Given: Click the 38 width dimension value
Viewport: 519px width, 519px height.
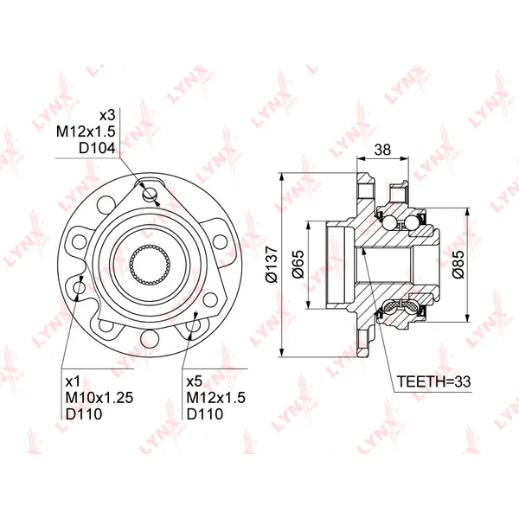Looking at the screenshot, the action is [382, 150].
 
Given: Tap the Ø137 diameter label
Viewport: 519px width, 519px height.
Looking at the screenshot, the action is [272, 265].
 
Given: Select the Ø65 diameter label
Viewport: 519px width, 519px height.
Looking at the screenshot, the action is [298, 265].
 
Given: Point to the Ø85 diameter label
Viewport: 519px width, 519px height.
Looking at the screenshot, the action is [458, 265].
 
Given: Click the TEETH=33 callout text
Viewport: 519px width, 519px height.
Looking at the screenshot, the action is [433, 381].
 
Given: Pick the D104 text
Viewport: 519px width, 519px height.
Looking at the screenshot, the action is [97, 148].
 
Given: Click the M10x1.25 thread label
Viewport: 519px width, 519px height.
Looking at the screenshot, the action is [99, 398].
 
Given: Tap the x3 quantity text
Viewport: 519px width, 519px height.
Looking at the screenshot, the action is [107, 115].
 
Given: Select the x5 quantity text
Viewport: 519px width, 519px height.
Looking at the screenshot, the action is [195, 381].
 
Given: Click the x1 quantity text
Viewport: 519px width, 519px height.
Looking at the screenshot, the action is [73, 381].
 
